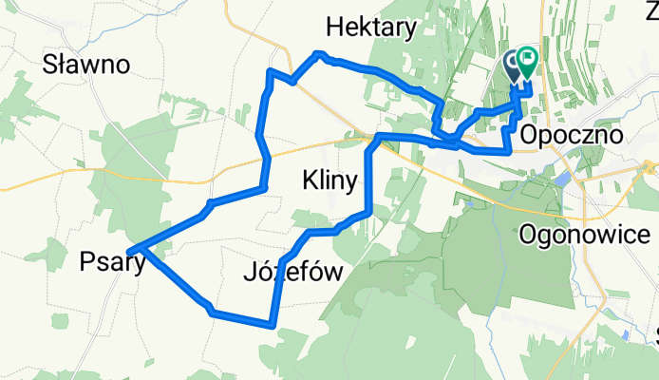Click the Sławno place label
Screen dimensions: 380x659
86,65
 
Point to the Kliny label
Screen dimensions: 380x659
329,179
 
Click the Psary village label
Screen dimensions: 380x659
113,260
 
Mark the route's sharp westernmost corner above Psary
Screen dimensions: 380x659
137,250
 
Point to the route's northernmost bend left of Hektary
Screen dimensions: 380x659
319,53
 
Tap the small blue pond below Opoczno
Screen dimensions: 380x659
562,178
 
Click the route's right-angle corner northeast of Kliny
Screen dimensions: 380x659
378,138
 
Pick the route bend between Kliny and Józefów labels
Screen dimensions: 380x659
310,232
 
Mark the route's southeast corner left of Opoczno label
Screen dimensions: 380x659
510,149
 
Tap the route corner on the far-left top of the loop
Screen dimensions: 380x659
271,72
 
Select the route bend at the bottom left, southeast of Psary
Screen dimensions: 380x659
211,311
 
